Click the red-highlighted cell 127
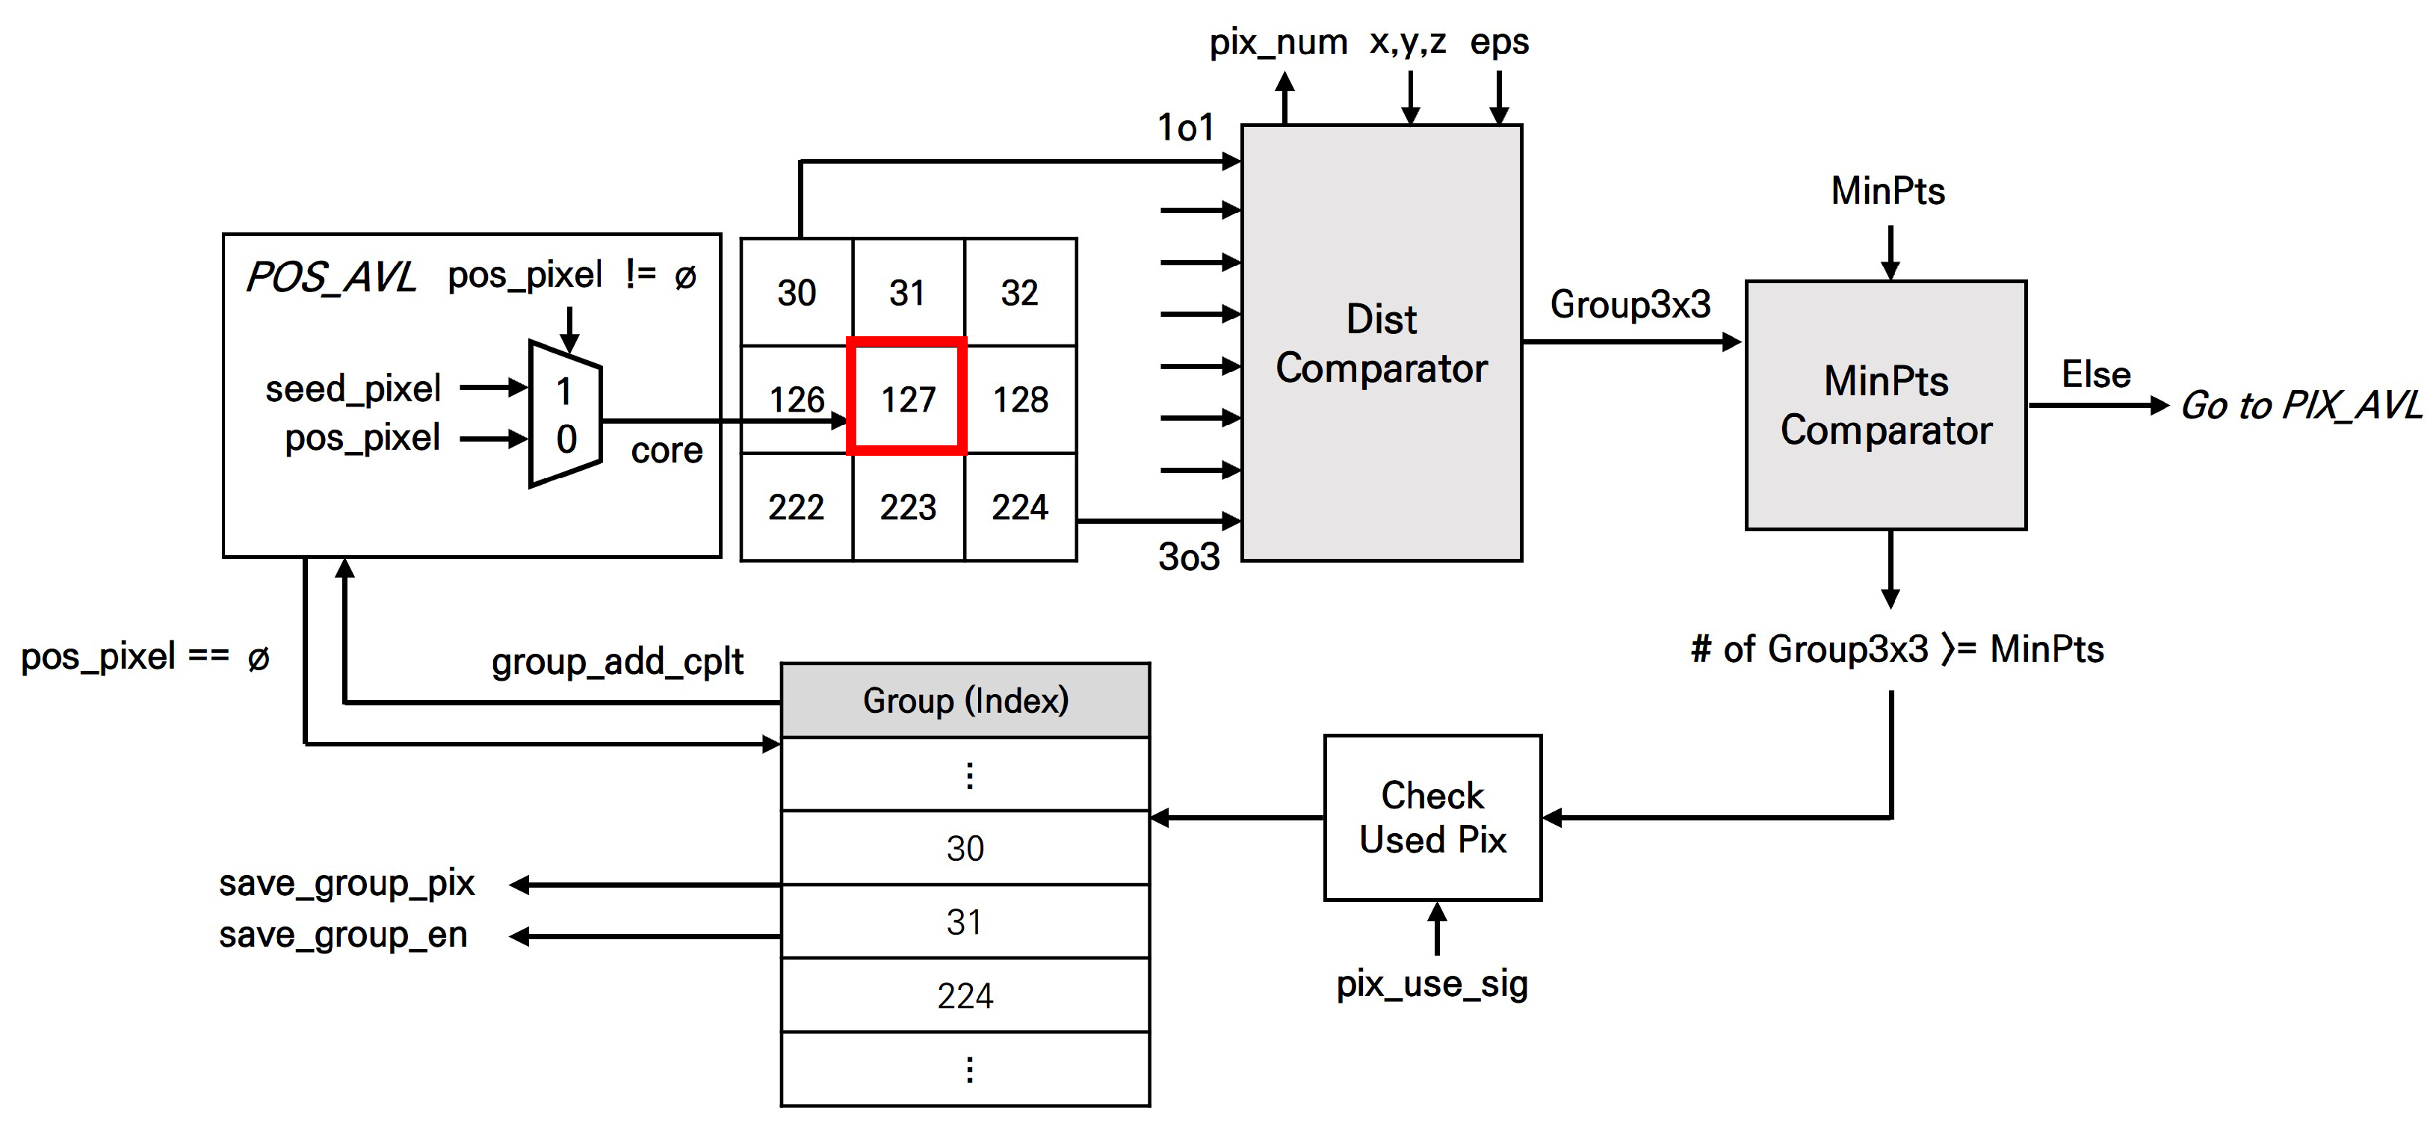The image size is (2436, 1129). [907, 398]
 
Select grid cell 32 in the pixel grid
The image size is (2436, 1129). [1019, 292]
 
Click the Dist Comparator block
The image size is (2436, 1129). [1381, 343]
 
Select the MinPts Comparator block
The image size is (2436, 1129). [1885, 405]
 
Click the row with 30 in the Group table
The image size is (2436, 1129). [965, 848]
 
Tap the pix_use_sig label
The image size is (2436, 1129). [1432, 984]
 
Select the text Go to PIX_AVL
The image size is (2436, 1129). [2300, 406]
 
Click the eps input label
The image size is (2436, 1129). [1499, 42]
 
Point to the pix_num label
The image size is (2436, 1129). [1278, 43]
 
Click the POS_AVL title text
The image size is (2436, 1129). [330, 277]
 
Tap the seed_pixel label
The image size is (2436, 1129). [353, 389]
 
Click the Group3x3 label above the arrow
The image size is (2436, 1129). [1630, 304]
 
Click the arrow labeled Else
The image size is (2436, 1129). [2097, 406]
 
